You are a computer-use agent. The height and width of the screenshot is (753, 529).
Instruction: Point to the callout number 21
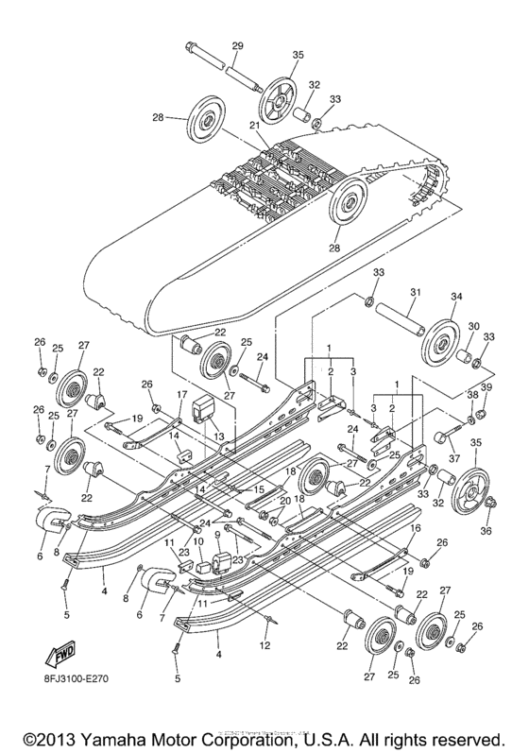[254, 126]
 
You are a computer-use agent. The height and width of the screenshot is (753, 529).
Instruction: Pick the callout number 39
[487, 388]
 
